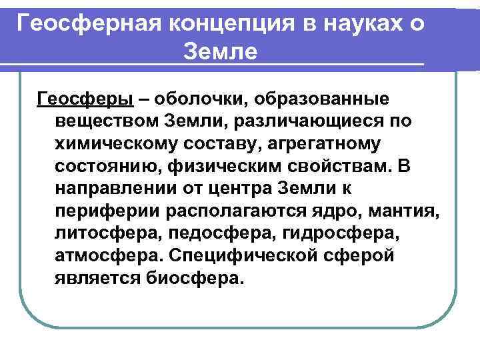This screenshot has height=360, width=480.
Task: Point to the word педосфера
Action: click(217, 233)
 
